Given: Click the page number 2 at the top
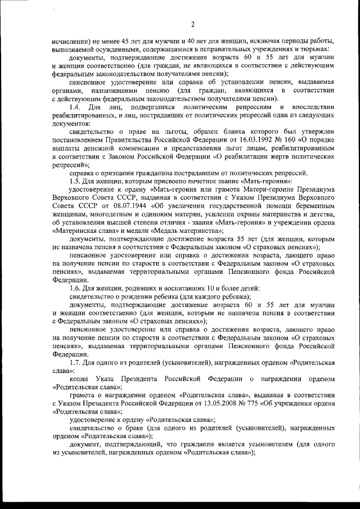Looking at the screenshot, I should click(x=191, y=24).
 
